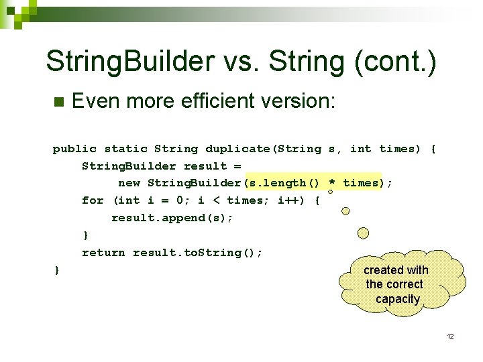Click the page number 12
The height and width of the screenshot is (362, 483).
pyautogui.click(x=450, y=336)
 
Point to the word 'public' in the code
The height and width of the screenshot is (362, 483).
pyautogui.click(x=74, y=149)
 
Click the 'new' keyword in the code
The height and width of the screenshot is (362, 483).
pyautogui.click(x=129, y=183)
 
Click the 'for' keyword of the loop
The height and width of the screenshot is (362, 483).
pyautogui.click(x=93, y=200)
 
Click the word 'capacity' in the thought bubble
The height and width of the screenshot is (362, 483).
pyautogui.click(x=398, y=299)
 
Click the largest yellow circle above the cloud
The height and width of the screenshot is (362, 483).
pyautogui.click(x=363, y=233)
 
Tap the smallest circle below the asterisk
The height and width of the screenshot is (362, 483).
pyautogui.click(x=330, y=192)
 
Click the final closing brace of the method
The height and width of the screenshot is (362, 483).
pyautogui.click(x=56, y=269)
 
